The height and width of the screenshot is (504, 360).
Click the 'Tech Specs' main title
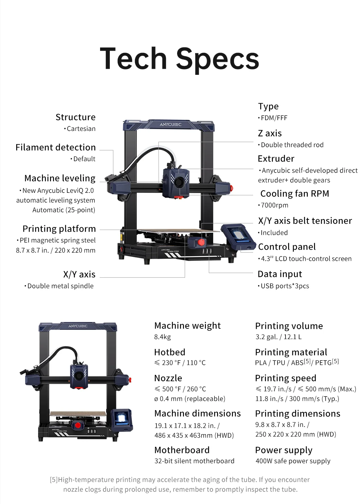click(x=179, y=59)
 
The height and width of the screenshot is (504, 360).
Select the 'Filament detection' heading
click(x=55, y=147)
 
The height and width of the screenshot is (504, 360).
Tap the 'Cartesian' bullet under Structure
click(x=80, y=129)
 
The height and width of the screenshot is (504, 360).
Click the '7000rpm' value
click(x=273, y=205)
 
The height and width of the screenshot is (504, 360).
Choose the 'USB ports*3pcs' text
click(x=283, y=286)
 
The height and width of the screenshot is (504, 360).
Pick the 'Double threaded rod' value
click(x=291, y=145)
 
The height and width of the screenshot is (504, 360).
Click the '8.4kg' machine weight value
click(x=163, y=337)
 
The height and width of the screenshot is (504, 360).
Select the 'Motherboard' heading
click(x=182, y=450)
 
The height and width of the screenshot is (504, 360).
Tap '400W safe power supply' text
click(x=293, y=461)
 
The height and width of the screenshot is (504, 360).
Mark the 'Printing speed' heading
click(x=286, y=378)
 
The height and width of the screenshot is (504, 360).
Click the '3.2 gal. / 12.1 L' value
click(x=278, y=337)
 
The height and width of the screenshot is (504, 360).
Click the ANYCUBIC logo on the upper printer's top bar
click(x=170, y=124)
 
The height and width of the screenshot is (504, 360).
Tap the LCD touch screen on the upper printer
click(x=239, y=235)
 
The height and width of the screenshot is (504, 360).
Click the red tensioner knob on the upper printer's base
click(x=201, y=242)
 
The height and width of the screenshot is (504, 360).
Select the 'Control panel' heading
click(x=287, y=247)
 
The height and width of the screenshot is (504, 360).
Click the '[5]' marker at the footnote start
click(x=54, y=480)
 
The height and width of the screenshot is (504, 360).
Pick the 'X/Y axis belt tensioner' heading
click(x=305, y=221)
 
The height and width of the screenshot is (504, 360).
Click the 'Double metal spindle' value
click(x=59, y=286)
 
